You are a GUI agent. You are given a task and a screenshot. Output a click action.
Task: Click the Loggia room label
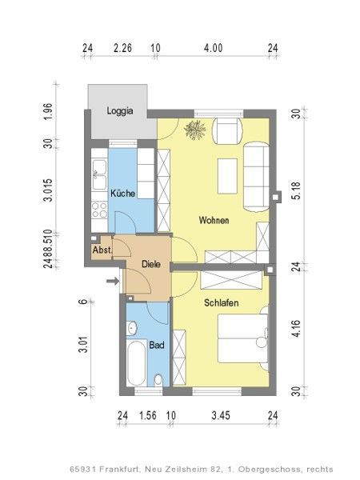(x=120, y=111)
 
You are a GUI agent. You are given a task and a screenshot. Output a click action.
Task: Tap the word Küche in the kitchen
(x=122, y=193)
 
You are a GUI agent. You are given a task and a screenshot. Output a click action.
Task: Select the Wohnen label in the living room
(x=214, y=220)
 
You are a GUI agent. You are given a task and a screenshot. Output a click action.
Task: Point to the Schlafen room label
(x=222, y=302)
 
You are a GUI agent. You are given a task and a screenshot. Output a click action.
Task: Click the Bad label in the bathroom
(x=157, y=345)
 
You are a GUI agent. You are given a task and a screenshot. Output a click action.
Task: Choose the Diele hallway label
(x=151, y=264)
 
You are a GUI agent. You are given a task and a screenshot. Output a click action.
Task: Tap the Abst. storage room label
(x=102, y=250)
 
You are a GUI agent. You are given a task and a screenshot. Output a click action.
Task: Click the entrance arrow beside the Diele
(x=113, y=281)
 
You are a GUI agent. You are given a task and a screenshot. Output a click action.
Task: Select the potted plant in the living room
(x=194, y=130)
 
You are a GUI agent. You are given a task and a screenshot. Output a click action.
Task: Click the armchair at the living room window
(x=227, y=130)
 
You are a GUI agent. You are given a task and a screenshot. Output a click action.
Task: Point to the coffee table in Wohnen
(x=227, y=176)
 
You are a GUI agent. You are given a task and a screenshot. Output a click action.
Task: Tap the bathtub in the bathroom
(x=136, y=363)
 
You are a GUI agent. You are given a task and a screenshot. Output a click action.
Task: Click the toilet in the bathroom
(x=158, y=380)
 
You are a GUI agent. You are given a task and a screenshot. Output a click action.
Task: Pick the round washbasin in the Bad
(x=132, y=328)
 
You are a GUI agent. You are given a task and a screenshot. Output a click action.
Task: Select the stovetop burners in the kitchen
(x=99, y=210)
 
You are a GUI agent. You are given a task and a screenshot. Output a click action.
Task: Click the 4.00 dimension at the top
(x=214, y=48)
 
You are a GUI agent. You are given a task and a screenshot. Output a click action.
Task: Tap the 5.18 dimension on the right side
(x=296, y=190)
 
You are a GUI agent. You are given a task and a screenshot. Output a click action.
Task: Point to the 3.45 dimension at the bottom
(x=221, y=415)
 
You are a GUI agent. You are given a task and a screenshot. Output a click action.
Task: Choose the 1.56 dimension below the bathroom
(x=148, y=415)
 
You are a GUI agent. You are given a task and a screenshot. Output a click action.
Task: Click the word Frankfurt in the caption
(x=120, y=469)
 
